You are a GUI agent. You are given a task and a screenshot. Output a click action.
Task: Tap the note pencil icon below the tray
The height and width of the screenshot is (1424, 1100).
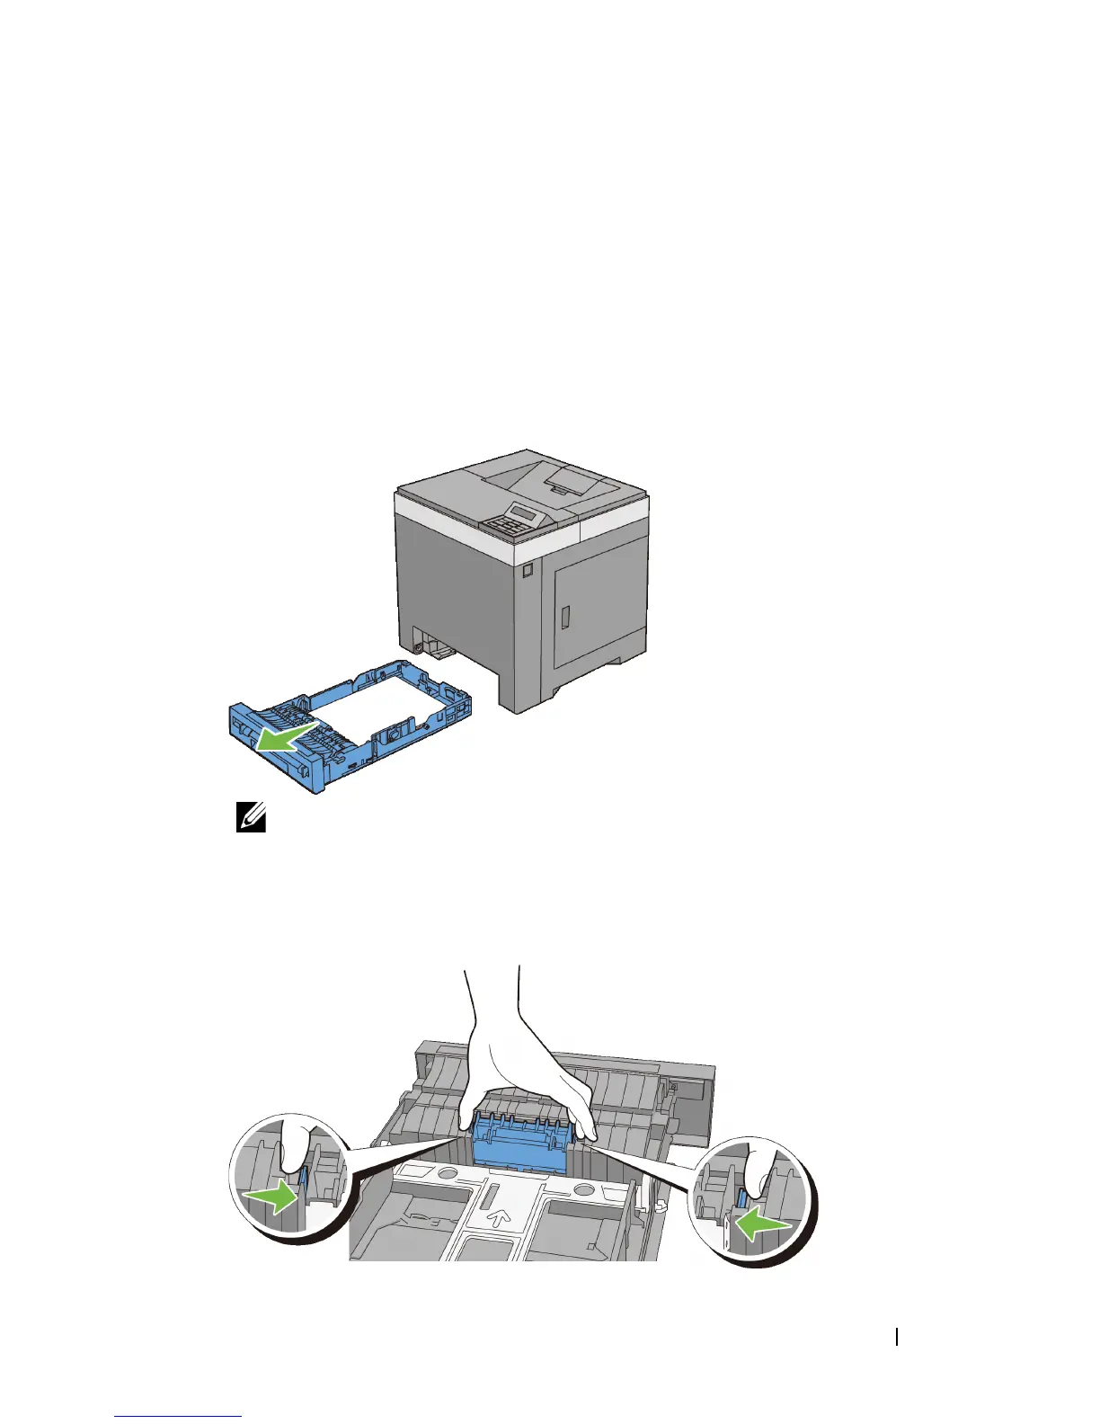click(x=251, y=818)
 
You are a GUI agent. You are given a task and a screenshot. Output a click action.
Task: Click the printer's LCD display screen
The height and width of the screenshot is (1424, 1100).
click(x=525, y=513)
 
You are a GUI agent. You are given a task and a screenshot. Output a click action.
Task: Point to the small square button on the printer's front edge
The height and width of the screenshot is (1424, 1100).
click(x=527, y=569)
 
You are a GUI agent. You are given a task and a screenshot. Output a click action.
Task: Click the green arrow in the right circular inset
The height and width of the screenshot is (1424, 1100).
click(x=762, y=1224)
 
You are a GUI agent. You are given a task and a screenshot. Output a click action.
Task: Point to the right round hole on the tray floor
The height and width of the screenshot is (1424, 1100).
click(x=583, y=1189)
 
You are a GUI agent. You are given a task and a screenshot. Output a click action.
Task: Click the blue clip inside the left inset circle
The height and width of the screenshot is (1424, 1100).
click(x=303, y=1184)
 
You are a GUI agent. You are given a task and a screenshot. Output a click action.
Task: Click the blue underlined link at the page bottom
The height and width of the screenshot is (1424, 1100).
click(x=179, y=1417)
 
